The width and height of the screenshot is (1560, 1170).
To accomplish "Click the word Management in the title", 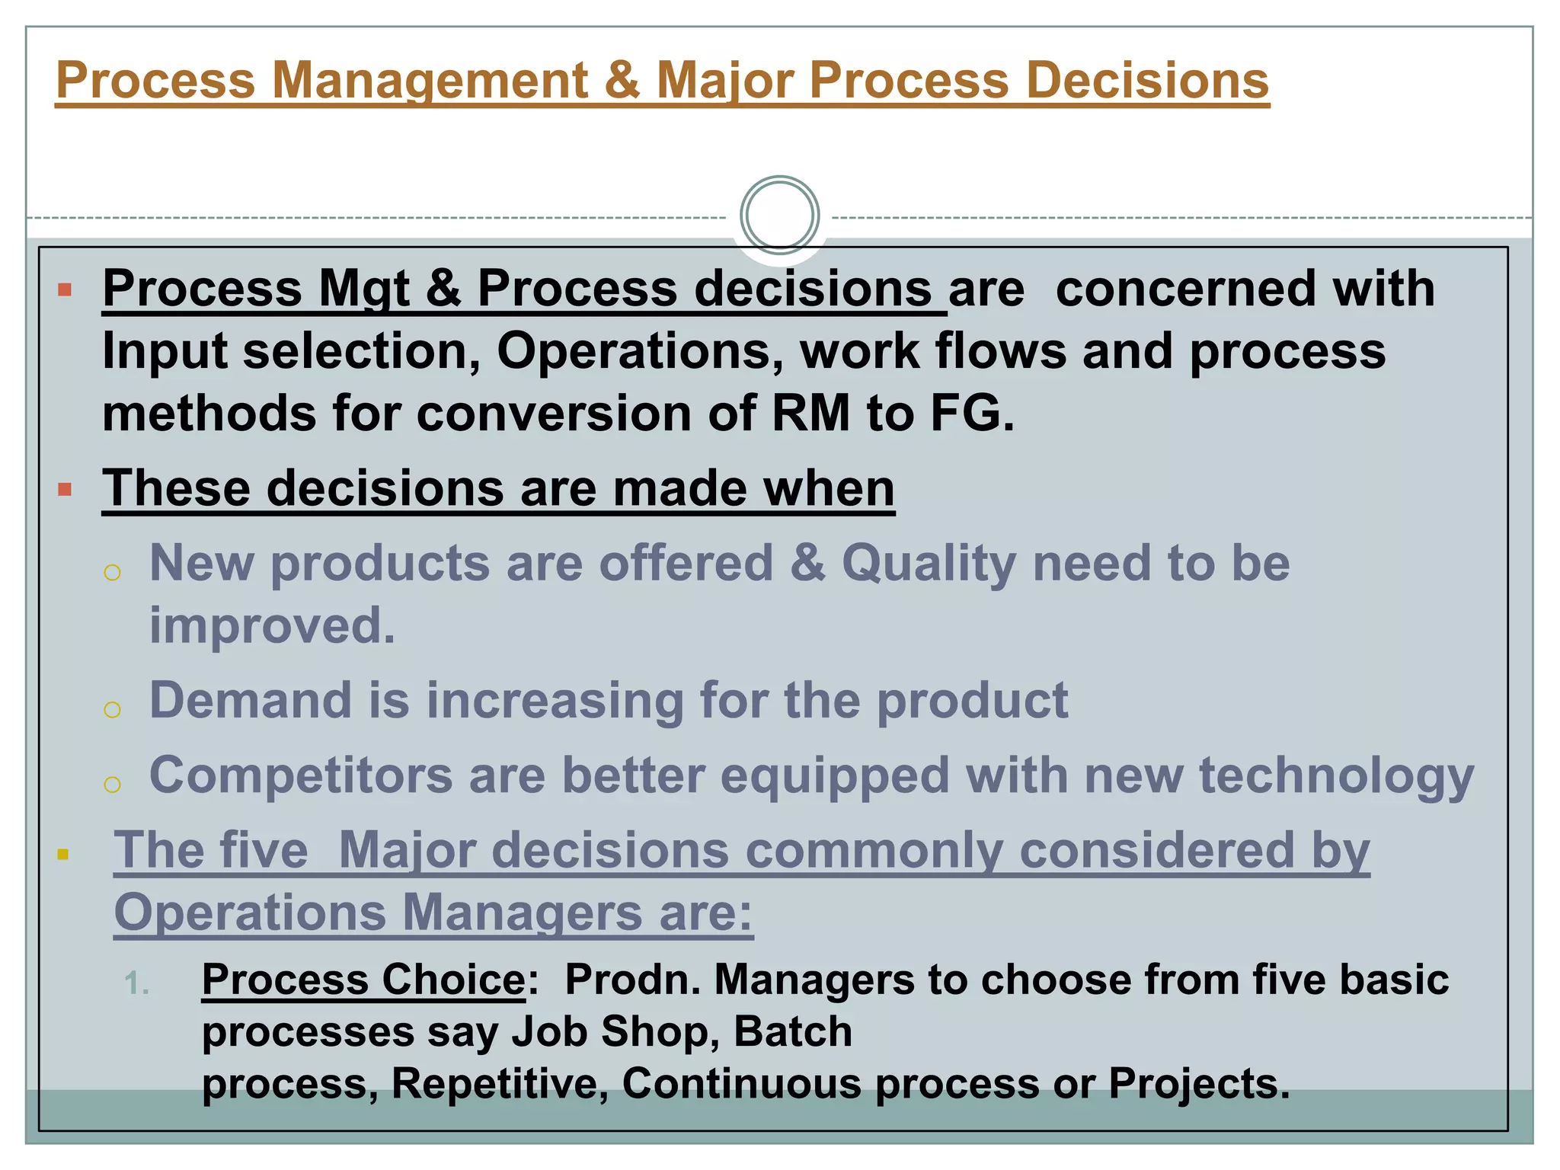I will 430,80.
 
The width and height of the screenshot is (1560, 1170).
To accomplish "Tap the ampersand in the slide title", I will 622,80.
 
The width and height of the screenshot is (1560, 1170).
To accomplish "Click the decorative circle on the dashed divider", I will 779,215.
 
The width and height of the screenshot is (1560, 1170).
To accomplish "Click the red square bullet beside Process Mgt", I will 65,289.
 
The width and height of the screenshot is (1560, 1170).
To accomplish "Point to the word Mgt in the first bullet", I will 363,289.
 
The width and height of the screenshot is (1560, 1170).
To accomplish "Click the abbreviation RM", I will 810,414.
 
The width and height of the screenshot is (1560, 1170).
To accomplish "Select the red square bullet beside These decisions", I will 65,489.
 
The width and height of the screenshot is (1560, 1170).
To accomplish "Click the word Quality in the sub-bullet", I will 929,563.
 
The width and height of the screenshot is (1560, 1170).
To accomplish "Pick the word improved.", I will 272,625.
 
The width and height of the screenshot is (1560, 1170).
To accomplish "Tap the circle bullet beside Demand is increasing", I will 112,709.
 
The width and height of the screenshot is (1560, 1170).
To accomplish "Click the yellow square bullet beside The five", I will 63,855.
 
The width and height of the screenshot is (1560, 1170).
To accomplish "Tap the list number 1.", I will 136,983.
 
